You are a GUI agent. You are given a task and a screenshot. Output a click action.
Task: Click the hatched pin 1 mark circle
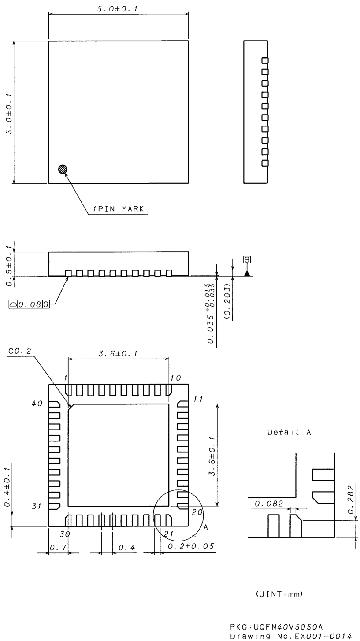pos(63,169)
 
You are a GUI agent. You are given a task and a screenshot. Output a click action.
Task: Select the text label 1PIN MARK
pos(118,209)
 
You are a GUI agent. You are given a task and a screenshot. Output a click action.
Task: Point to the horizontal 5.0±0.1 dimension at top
pos(118,8)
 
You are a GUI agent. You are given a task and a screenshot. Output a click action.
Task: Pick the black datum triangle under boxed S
pos(247,273)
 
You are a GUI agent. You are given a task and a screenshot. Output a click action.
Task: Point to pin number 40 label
pos(37,404)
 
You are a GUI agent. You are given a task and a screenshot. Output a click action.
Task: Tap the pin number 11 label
pos(198,399)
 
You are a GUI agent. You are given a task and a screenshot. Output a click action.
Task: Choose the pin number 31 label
pos(37,506)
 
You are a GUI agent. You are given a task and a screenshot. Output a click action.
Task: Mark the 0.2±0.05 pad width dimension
pos(190,546)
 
